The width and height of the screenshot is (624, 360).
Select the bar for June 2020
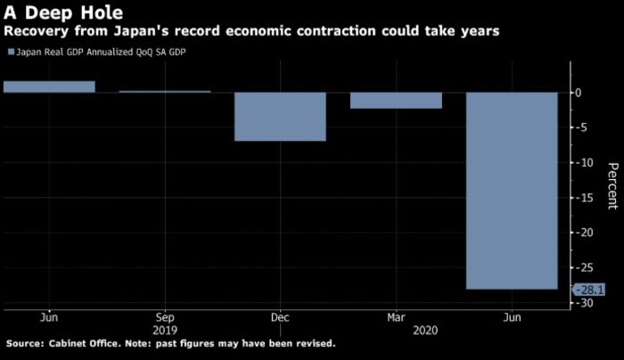[512, 191]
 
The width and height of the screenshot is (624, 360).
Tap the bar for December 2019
[280, 116]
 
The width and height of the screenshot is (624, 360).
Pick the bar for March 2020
[396, 100]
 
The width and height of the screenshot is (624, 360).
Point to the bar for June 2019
[49, 86]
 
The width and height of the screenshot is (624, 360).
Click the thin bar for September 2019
[165, 91]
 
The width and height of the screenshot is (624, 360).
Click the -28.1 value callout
[591, 289]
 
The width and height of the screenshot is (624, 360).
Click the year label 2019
[165, 328]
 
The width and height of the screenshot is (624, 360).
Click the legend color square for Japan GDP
[11, 53]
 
